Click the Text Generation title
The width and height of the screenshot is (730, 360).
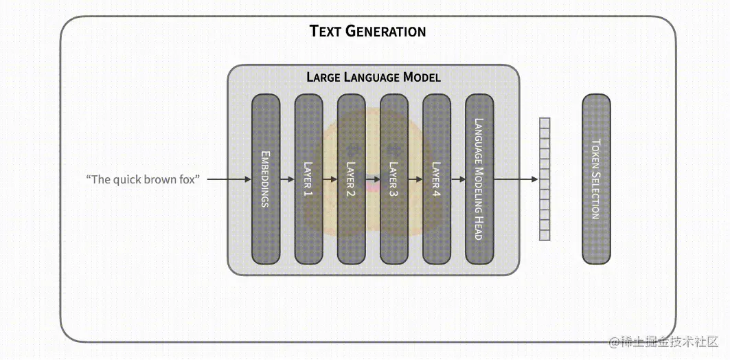pyautogui.click(x=367, y=31)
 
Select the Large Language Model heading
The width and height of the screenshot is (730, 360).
pyautogui.click(x=373, y=77)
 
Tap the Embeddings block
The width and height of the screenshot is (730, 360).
pyautogui.click(x=266, y=179)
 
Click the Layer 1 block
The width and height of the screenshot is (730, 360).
pyautogui.click(x=308, y=179)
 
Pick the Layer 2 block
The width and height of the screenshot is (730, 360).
pyautogui.click(x=351, y=179)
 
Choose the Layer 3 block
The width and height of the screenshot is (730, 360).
pyautogui.click(x=393, y=179)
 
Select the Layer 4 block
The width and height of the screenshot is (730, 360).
pyautogui.click(x=436, y=179)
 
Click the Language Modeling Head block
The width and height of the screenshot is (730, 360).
pyautogui.click(x=479, y=179)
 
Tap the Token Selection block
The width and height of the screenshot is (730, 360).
pyautogui.click(x=596, y=179)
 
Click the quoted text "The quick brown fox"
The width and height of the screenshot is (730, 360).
pyautogui.click(x=143, y=179)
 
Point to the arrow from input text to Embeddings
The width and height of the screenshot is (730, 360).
pyautogui.click(x=229, y=179)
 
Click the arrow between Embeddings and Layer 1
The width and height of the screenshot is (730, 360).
pyautogui.click(x=287, y=179)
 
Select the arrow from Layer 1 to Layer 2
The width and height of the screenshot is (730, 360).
pyautogui.click(x=330, y=179)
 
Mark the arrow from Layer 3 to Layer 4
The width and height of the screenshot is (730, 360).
pyautogui.click(x=415, y=179)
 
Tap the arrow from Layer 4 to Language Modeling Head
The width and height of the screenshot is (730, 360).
pyautogui.click(x=457, y=179)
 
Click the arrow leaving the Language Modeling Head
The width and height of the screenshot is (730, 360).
pyautogui.click(x=515, y=179)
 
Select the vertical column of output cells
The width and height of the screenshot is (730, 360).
pyautogui.click(x=545, y=179)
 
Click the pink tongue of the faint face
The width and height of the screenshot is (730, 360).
pyautogui.click(x=372, y=185)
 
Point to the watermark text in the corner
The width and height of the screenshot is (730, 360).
pyautogui.click(x=660, y=341)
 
